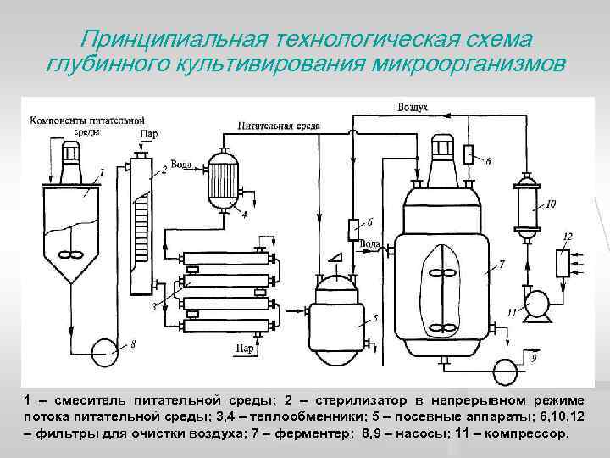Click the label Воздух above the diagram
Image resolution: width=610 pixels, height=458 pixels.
[413, 108]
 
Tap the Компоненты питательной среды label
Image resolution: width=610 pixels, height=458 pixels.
[68, 126]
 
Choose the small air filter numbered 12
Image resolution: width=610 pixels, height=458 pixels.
[561, 261]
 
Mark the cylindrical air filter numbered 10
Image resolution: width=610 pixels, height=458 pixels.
[528, 205]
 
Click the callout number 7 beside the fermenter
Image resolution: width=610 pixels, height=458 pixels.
[502, 265]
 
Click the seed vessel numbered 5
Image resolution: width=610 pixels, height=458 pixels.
[338, 313]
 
